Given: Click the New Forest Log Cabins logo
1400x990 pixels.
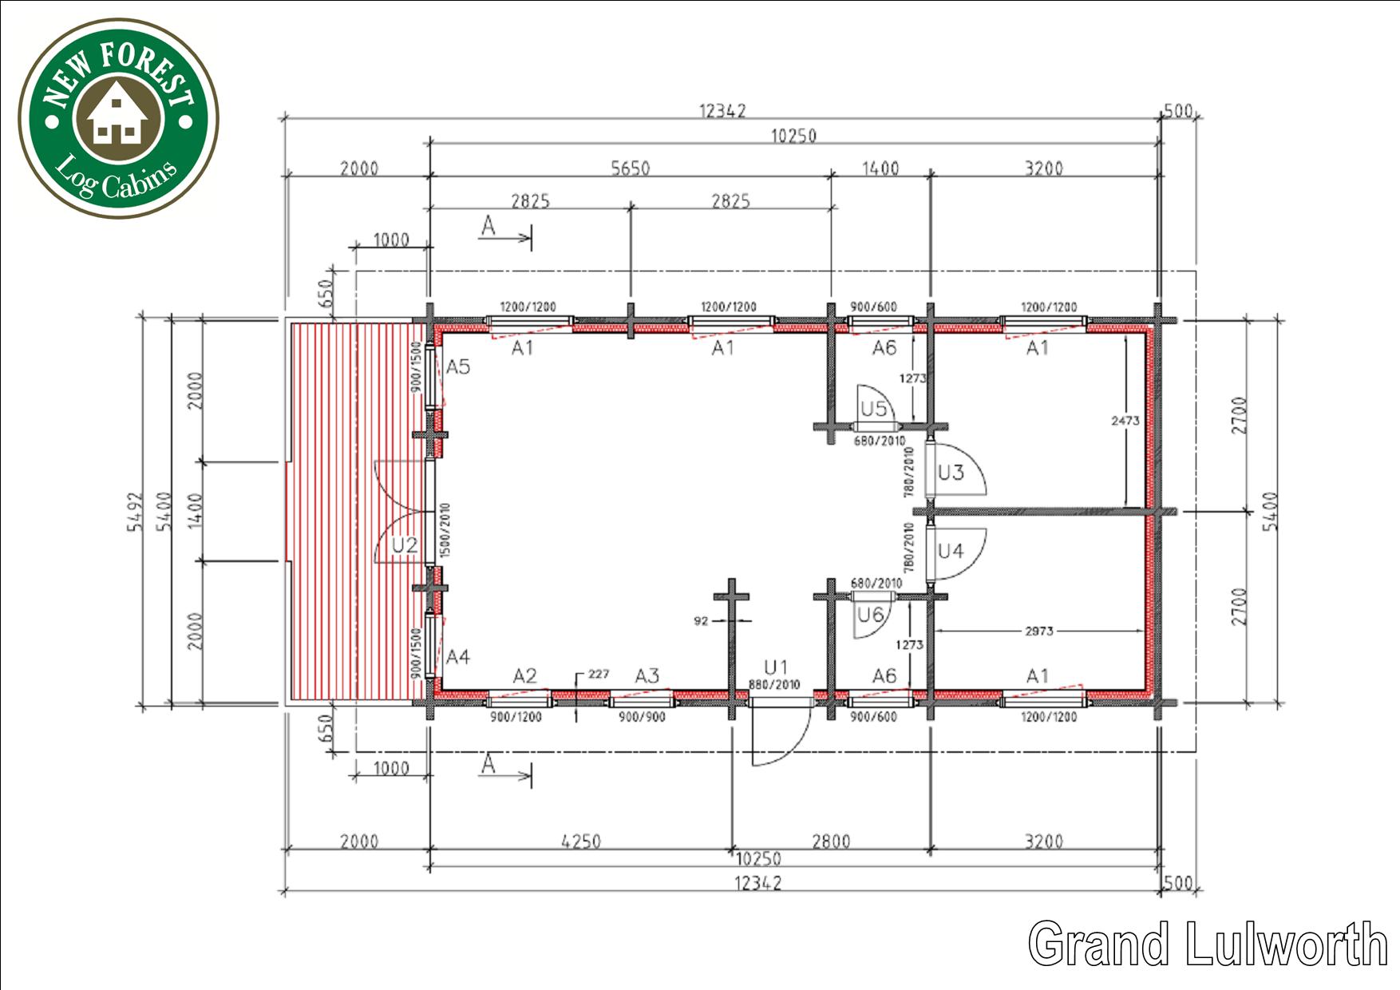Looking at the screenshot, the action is pyautogui.click(x=118, y=118).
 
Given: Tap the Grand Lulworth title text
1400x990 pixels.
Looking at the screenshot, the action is pyautogui.click(x=1208, y=943).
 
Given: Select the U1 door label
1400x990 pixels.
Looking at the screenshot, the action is pyautogui.click(x=776, y=667).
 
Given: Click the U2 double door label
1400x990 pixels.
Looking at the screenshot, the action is pyautogui.click(x=405, y=545).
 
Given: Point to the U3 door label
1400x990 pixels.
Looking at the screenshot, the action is pyautogui.click(x=951, y=473).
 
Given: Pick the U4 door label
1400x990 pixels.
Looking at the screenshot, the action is pyautogui.click(x=951, y=551).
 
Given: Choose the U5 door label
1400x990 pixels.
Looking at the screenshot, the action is pyautogui.click(x=873, y=410).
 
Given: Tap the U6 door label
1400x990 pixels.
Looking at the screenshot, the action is pyautogui.click(x=870, y=615).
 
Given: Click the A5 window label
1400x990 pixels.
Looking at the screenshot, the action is pyautogui.click(x=458, y=367).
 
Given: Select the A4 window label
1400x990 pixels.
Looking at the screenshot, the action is pyautogui.click(x=458, y=657).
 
